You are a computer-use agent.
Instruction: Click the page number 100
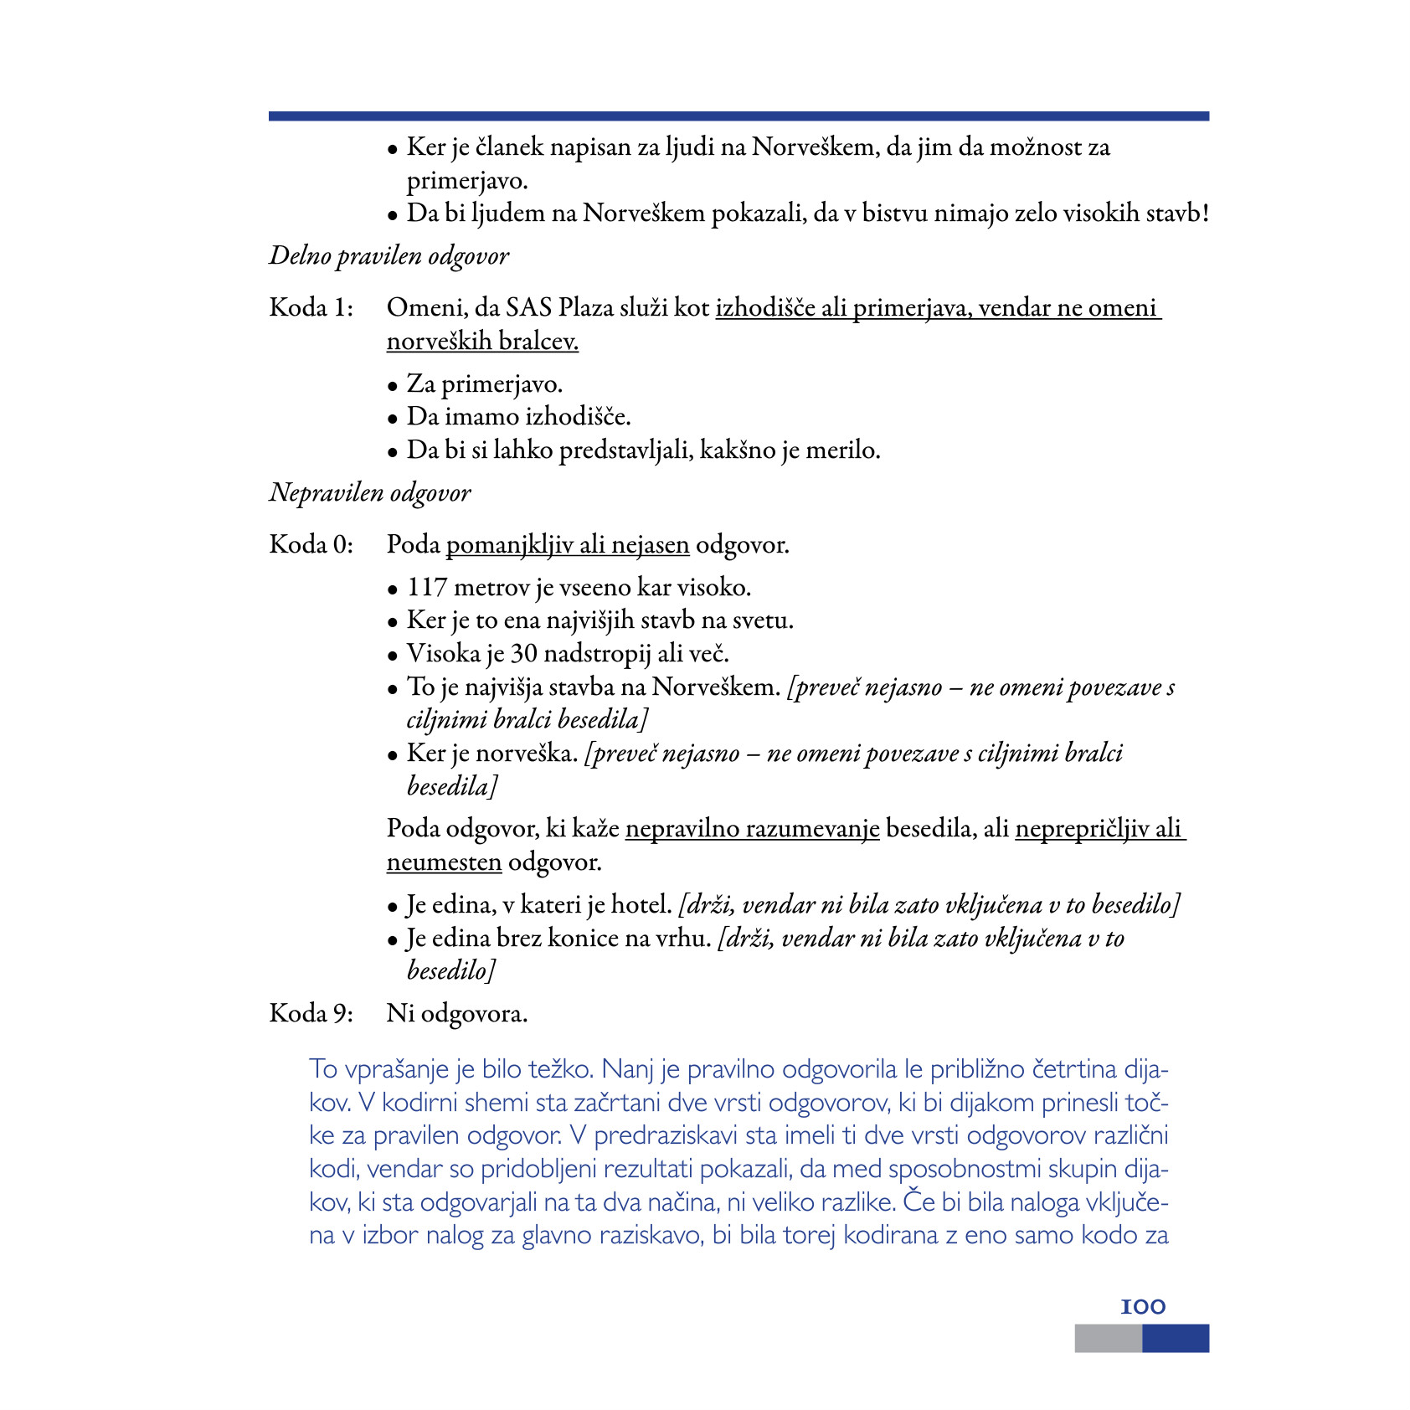(1142, 1307)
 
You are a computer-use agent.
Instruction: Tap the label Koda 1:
(311, 308)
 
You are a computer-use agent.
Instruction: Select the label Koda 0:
(311, 545)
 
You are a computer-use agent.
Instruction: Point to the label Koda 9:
(311, 1014)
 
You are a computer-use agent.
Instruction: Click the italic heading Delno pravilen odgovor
(389, 256)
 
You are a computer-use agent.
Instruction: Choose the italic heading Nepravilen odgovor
(370, 493)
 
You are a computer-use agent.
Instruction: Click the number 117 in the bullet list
(426, 588)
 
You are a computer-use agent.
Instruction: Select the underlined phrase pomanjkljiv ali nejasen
(568, 545)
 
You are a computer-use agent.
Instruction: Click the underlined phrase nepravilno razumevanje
(752, 829)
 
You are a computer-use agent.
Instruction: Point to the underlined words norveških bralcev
(482, 342)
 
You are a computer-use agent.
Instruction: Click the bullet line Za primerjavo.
(484, 384)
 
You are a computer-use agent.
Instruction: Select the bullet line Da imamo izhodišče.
(518, 417)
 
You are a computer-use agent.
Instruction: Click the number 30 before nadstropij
(524, 654)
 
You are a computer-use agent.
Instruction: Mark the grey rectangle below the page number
(1108, 1338)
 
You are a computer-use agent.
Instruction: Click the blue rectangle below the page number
(1176, 1338)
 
